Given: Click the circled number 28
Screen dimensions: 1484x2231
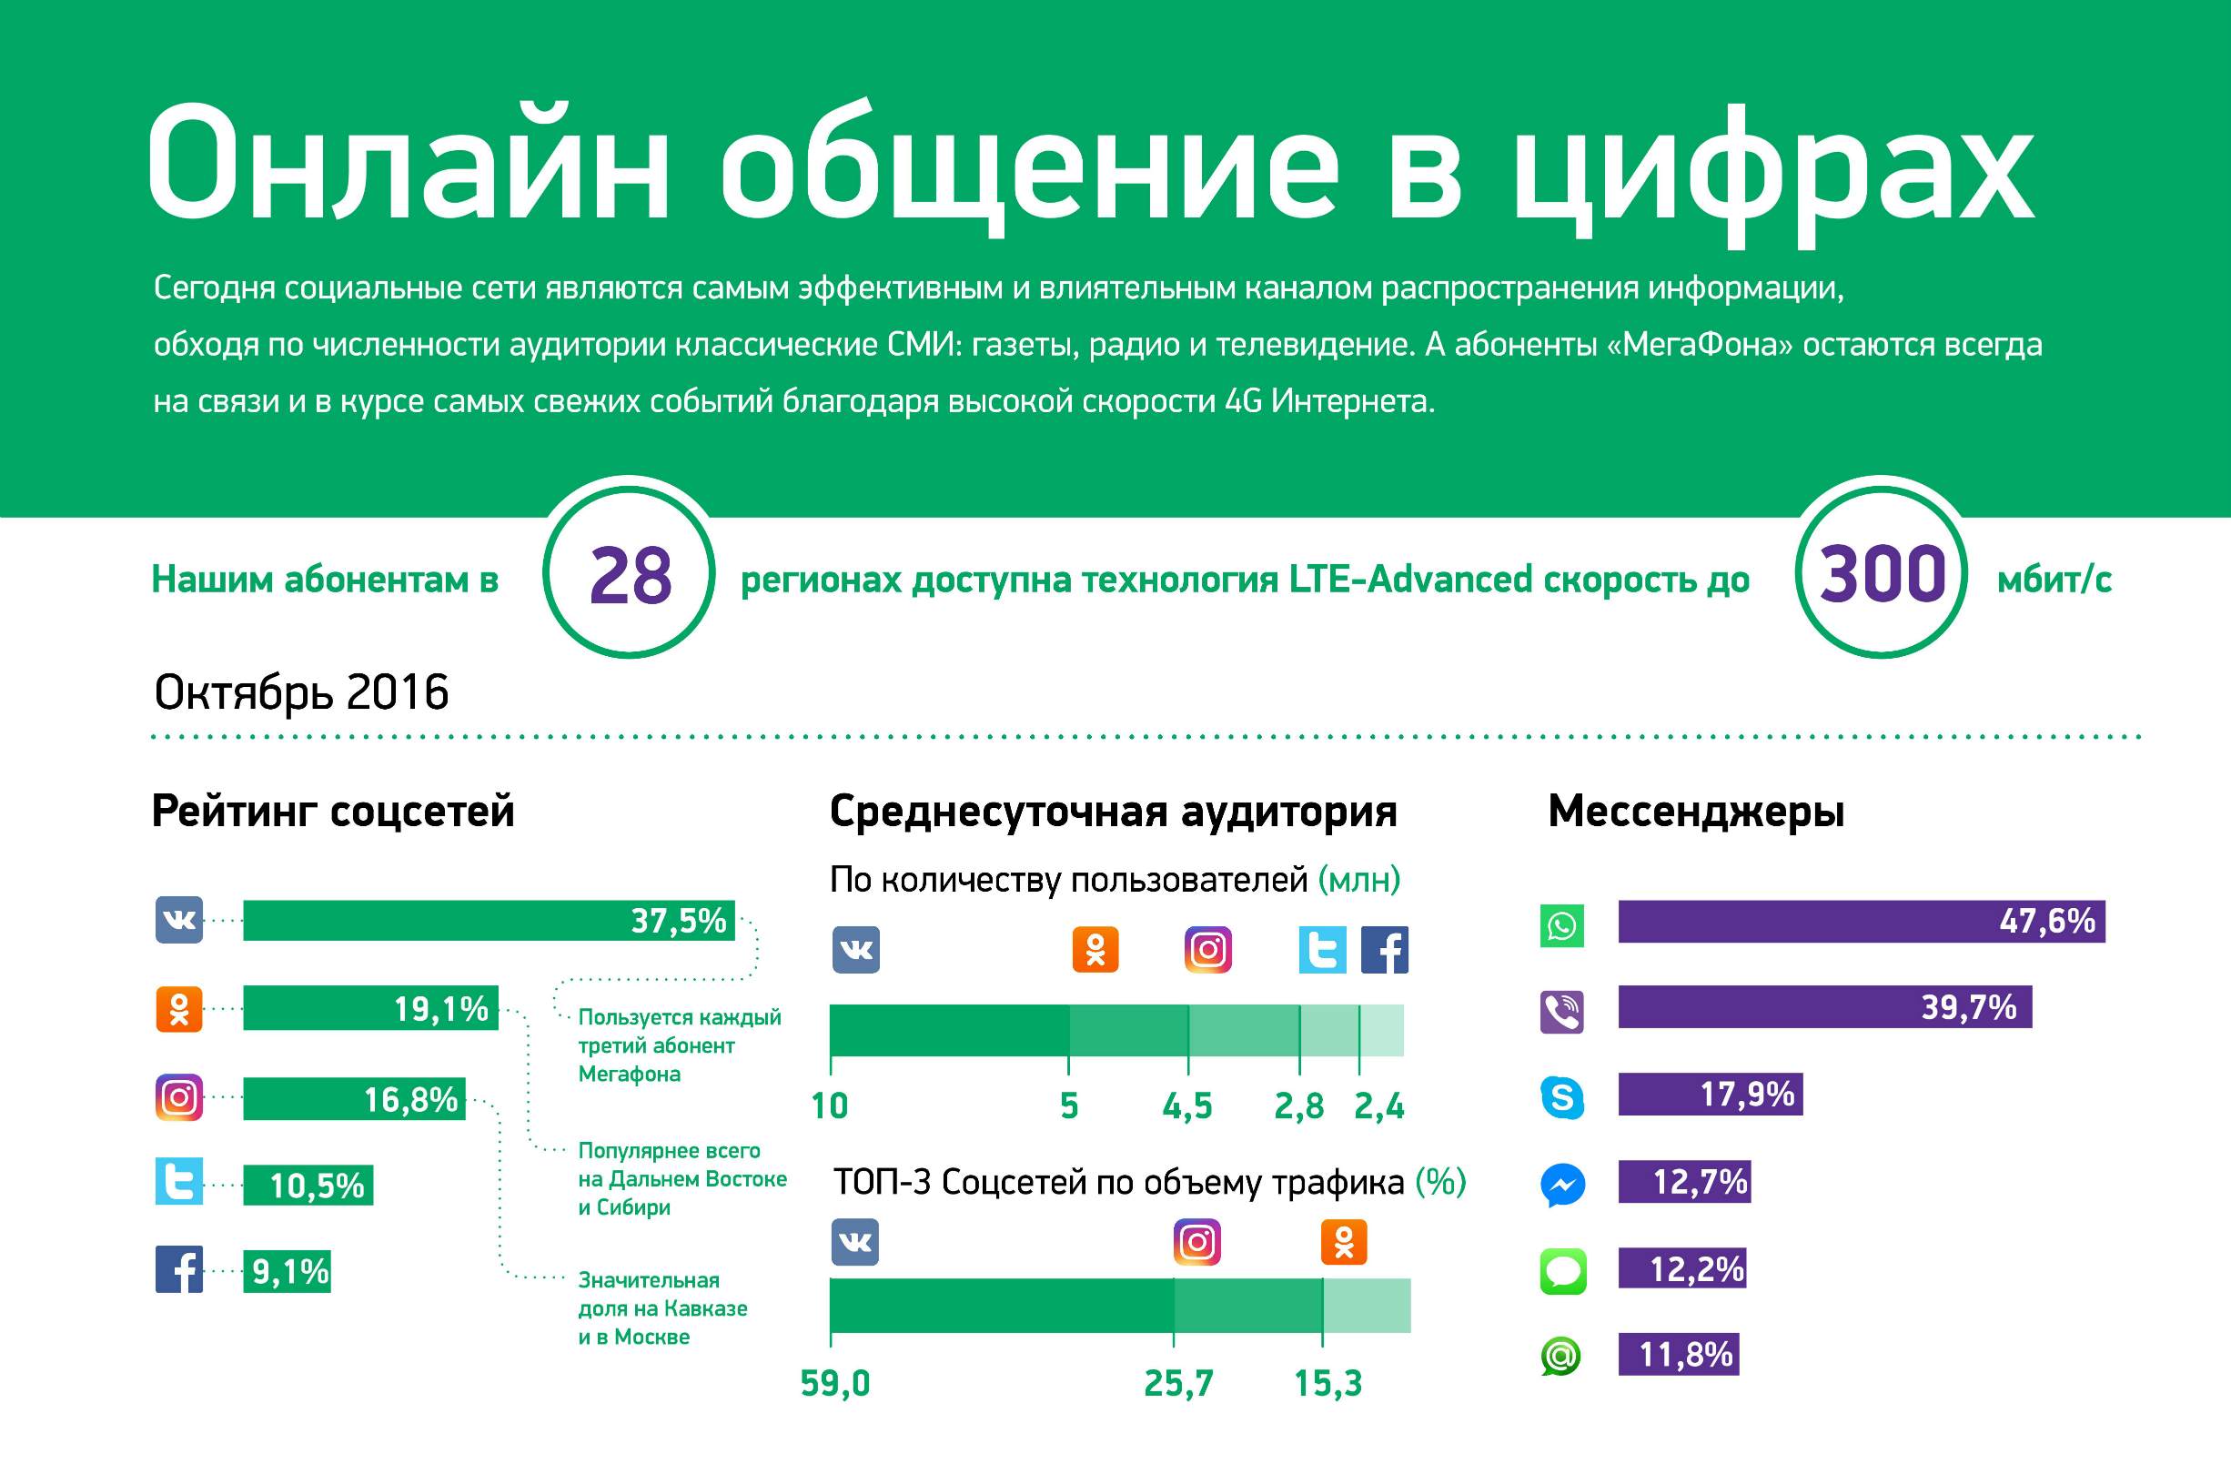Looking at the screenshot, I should [x=630, y=575].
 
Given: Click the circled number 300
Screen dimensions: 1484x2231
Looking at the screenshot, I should [x=1881, y=574].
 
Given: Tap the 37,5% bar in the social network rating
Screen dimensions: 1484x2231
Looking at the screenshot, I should [x=489, y=920].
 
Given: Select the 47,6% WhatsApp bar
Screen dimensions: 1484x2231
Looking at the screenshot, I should [x=1860, y=921].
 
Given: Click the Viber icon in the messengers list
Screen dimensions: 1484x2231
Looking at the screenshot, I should [x=1562, y=1012].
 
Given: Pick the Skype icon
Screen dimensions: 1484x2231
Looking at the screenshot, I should [x=1562, y=1097].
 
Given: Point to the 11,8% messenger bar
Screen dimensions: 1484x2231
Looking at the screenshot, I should [x=1678, y=1354].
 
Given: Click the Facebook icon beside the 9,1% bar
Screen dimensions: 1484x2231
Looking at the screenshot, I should [x=179, y=1269].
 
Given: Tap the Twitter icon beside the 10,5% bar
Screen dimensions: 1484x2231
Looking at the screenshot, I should [x=179, y=1181].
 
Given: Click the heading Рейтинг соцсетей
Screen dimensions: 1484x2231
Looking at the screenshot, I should [x=333, y=811].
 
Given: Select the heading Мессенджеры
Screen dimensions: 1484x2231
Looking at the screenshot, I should [x=1695, y=811].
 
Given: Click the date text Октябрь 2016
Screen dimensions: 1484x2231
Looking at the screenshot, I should [x=301, y=692].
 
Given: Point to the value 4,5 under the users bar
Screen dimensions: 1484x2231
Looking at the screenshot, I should [x=1186, y=1105].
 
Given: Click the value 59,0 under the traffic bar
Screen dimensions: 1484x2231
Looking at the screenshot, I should [x=834, y=1383].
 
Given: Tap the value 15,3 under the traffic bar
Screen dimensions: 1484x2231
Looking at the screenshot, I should [x=1327, y=1383].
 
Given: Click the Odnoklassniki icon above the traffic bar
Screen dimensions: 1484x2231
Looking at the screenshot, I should [x=1344, y=1242].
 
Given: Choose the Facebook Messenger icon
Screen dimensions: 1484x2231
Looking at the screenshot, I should [x=1562, y=1184].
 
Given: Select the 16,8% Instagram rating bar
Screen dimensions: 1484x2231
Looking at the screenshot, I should [x=354, y=1099].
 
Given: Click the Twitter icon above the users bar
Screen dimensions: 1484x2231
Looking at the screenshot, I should [x=1322, y=949].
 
